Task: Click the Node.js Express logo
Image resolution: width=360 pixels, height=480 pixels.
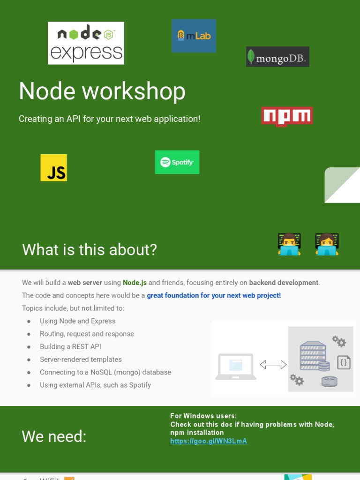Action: click(86, 43)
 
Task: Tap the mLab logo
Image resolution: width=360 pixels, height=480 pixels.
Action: click(194, 36)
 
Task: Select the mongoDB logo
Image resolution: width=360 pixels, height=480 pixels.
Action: click(277, 57)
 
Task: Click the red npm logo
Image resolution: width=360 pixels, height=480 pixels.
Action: click(287, 116)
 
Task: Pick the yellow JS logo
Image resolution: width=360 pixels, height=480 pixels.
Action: click(54, 167)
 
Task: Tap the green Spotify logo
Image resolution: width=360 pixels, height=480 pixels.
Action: click(177, 162)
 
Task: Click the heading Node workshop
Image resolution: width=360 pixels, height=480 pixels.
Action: click(102, 91)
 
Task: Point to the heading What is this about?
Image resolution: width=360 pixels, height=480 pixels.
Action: click(90, 249)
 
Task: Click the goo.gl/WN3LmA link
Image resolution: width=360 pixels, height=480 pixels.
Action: click(209, 441)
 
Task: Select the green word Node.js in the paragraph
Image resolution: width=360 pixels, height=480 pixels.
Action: click(135, 283)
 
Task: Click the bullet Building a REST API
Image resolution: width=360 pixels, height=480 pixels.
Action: click(70, 347)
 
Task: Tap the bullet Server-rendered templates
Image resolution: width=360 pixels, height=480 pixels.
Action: click(81, 360)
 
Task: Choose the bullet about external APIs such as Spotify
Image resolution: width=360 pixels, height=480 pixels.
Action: click(95, 385)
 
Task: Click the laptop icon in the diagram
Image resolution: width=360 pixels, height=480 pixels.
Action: click(236, 367)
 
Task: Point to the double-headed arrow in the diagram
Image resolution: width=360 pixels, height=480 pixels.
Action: click(273, 365)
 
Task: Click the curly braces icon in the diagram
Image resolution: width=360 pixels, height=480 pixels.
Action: click(344, 362)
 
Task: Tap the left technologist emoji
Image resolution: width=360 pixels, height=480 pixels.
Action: click(289, 244)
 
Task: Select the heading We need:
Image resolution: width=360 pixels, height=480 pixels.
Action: click(54, 436)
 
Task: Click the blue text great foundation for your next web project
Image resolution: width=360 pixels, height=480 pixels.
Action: click(214, 296)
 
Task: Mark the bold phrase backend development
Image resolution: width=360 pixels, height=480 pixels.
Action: click(284, 283)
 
